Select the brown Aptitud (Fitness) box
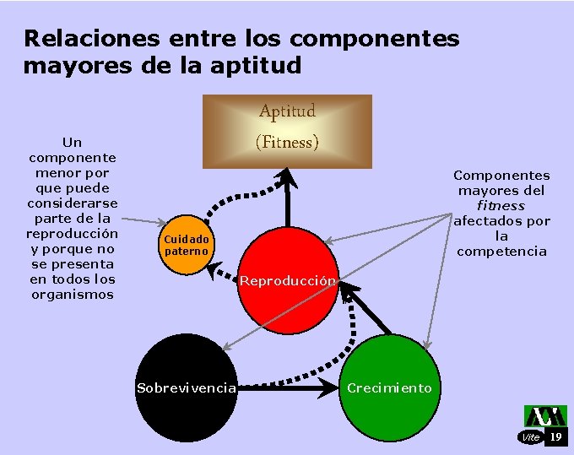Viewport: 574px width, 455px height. click(x=287, y=132)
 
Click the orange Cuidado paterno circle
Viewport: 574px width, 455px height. click(x=186, y=245)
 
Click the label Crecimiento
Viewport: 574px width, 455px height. click(x=389, y=388)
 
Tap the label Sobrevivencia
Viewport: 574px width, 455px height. click(x=186, y=388)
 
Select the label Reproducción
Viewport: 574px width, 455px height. click(x=288, y=280)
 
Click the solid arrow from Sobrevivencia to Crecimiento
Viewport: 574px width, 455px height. click(x=291, y=388)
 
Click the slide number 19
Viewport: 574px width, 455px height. click(x=555, y=436)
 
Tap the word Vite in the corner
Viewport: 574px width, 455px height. click(x=531, y=437)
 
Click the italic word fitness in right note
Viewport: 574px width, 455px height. click(x=501, y=206)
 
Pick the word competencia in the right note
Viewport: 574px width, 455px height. click(x=501, y=252)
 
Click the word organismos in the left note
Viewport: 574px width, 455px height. click(x=73, y=295)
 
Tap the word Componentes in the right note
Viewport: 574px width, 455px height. click(x=501, y=176)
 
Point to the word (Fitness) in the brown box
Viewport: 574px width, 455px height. click(x=287, y=142)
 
